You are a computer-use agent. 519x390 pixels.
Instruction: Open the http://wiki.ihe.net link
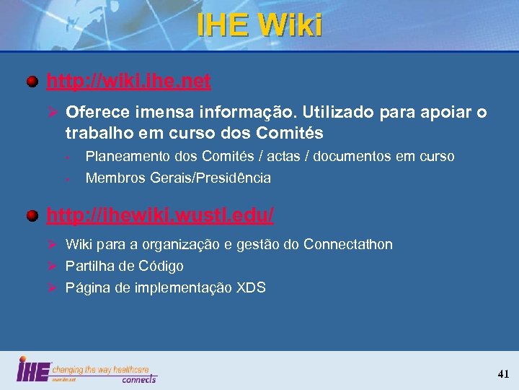128,81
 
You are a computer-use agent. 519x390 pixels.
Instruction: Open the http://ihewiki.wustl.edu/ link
160,214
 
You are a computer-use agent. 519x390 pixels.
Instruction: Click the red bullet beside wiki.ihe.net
33,81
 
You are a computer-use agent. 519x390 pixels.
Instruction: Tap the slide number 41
503,373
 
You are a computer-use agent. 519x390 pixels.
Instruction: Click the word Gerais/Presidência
210,178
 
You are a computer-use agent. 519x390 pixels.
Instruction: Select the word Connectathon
348,244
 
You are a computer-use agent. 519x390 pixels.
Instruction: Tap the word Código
162,266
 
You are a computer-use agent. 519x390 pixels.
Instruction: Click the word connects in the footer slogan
138,378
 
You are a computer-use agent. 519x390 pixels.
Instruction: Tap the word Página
86,287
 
